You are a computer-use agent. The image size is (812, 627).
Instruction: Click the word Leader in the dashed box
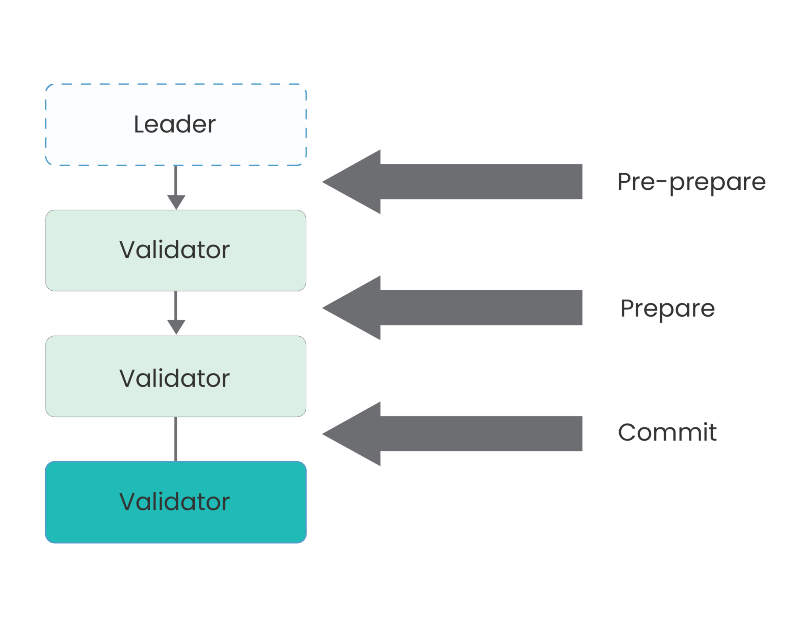tap(174, 125)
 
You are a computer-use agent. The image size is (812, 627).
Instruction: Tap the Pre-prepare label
tap(691, 182)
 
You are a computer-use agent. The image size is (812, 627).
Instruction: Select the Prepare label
tap(667, 308)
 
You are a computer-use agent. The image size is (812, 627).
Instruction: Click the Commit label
tap(667, 432)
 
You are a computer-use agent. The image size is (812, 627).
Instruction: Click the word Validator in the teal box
tap(174, 502)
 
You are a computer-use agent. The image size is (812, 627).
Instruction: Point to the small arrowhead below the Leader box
tap(176, 201)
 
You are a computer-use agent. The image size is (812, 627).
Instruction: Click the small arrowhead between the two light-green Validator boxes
tap(176, 327)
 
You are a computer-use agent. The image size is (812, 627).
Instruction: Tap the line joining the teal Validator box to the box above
tap(176, 439)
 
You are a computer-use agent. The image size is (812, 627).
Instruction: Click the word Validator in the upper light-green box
tap(174, 250)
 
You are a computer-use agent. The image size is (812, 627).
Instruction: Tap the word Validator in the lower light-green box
tap(174, 378)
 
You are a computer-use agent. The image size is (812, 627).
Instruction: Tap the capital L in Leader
tap(140, 125)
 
